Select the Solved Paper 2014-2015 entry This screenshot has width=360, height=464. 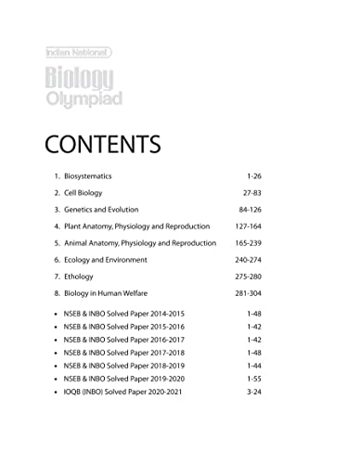[x=125, y=315]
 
